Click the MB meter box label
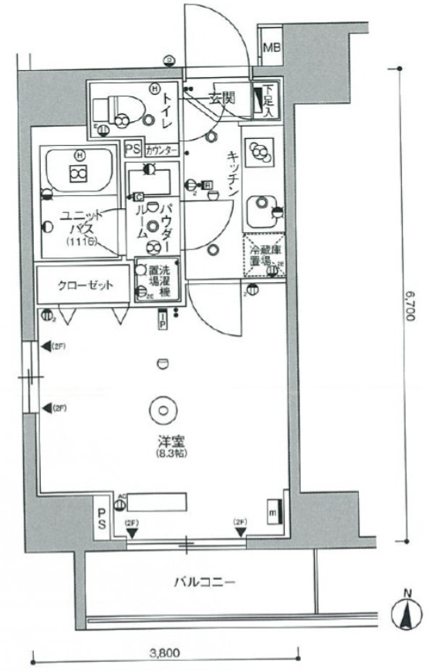pos(272,52)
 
